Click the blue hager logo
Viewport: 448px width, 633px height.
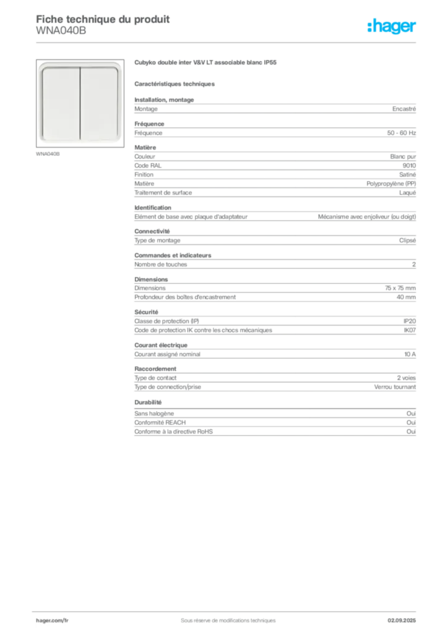coord(393,28)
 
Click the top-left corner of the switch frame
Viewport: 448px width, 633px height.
coord(41,64)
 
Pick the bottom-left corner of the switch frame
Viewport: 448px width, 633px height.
coord(41,142)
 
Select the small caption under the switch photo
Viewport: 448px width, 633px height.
coord(49,153)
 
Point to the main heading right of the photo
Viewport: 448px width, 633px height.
coord(204,63)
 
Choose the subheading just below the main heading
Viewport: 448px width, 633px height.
coord(176,83)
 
